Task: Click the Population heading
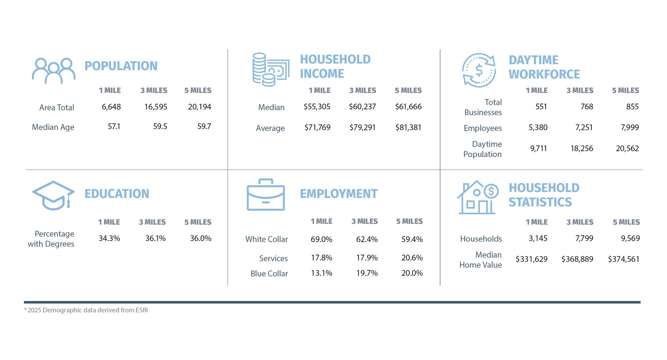(x=121, y=66)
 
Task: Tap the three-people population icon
(x=53, y=71)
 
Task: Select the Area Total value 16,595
(x=155, y=107)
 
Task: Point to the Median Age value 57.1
(x=114, y=127)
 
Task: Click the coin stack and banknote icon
(x=270, y=70)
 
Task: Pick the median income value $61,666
(x=408, y=107)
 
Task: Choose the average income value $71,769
(x=317, y=128)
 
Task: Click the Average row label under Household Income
(x=270, y=128)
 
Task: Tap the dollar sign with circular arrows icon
(x=479, y=70)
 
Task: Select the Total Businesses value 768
(x=587, y=107)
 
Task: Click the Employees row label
(x=483, y=128)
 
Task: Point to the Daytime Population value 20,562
(x=627, y=148)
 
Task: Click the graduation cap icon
(x=53, y=195)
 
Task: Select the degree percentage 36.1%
(x=155, y=239)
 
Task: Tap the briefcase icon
(x=265, y=195)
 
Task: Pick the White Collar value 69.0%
(x=321, y=239)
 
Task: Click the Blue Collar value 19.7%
(x=367, y=273)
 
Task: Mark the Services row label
(x=273, y=258)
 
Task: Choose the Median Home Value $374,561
(x=624, y=259)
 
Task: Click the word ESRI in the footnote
(x=141, y=310)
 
